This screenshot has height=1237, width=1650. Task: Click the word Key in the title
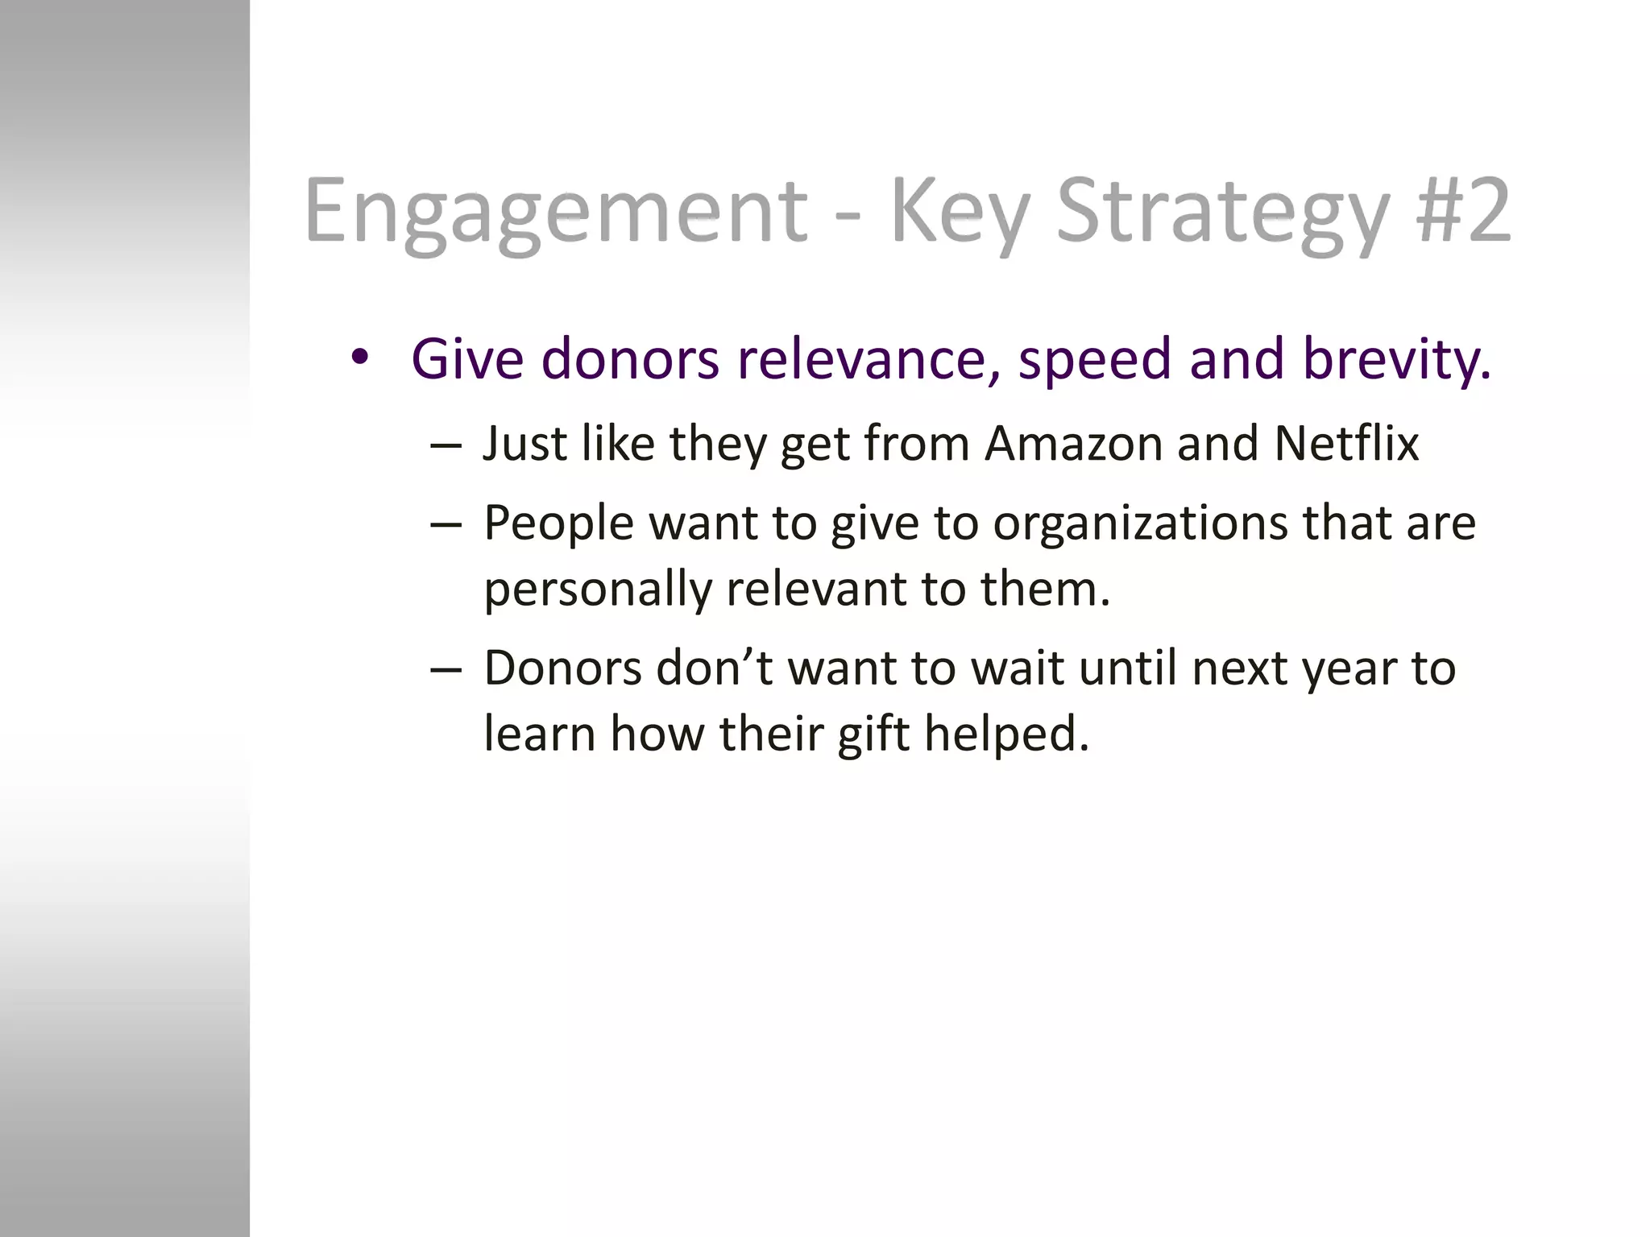(x=959, y=211)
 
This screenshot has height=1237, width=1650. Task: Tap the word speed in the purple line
(x=1095, y=360)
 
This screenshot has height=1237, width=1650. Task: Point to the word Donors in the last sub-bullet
(x=562, y=668)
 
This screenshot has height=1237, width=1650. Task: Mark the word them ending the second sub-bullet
(x=1043, y=590)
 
